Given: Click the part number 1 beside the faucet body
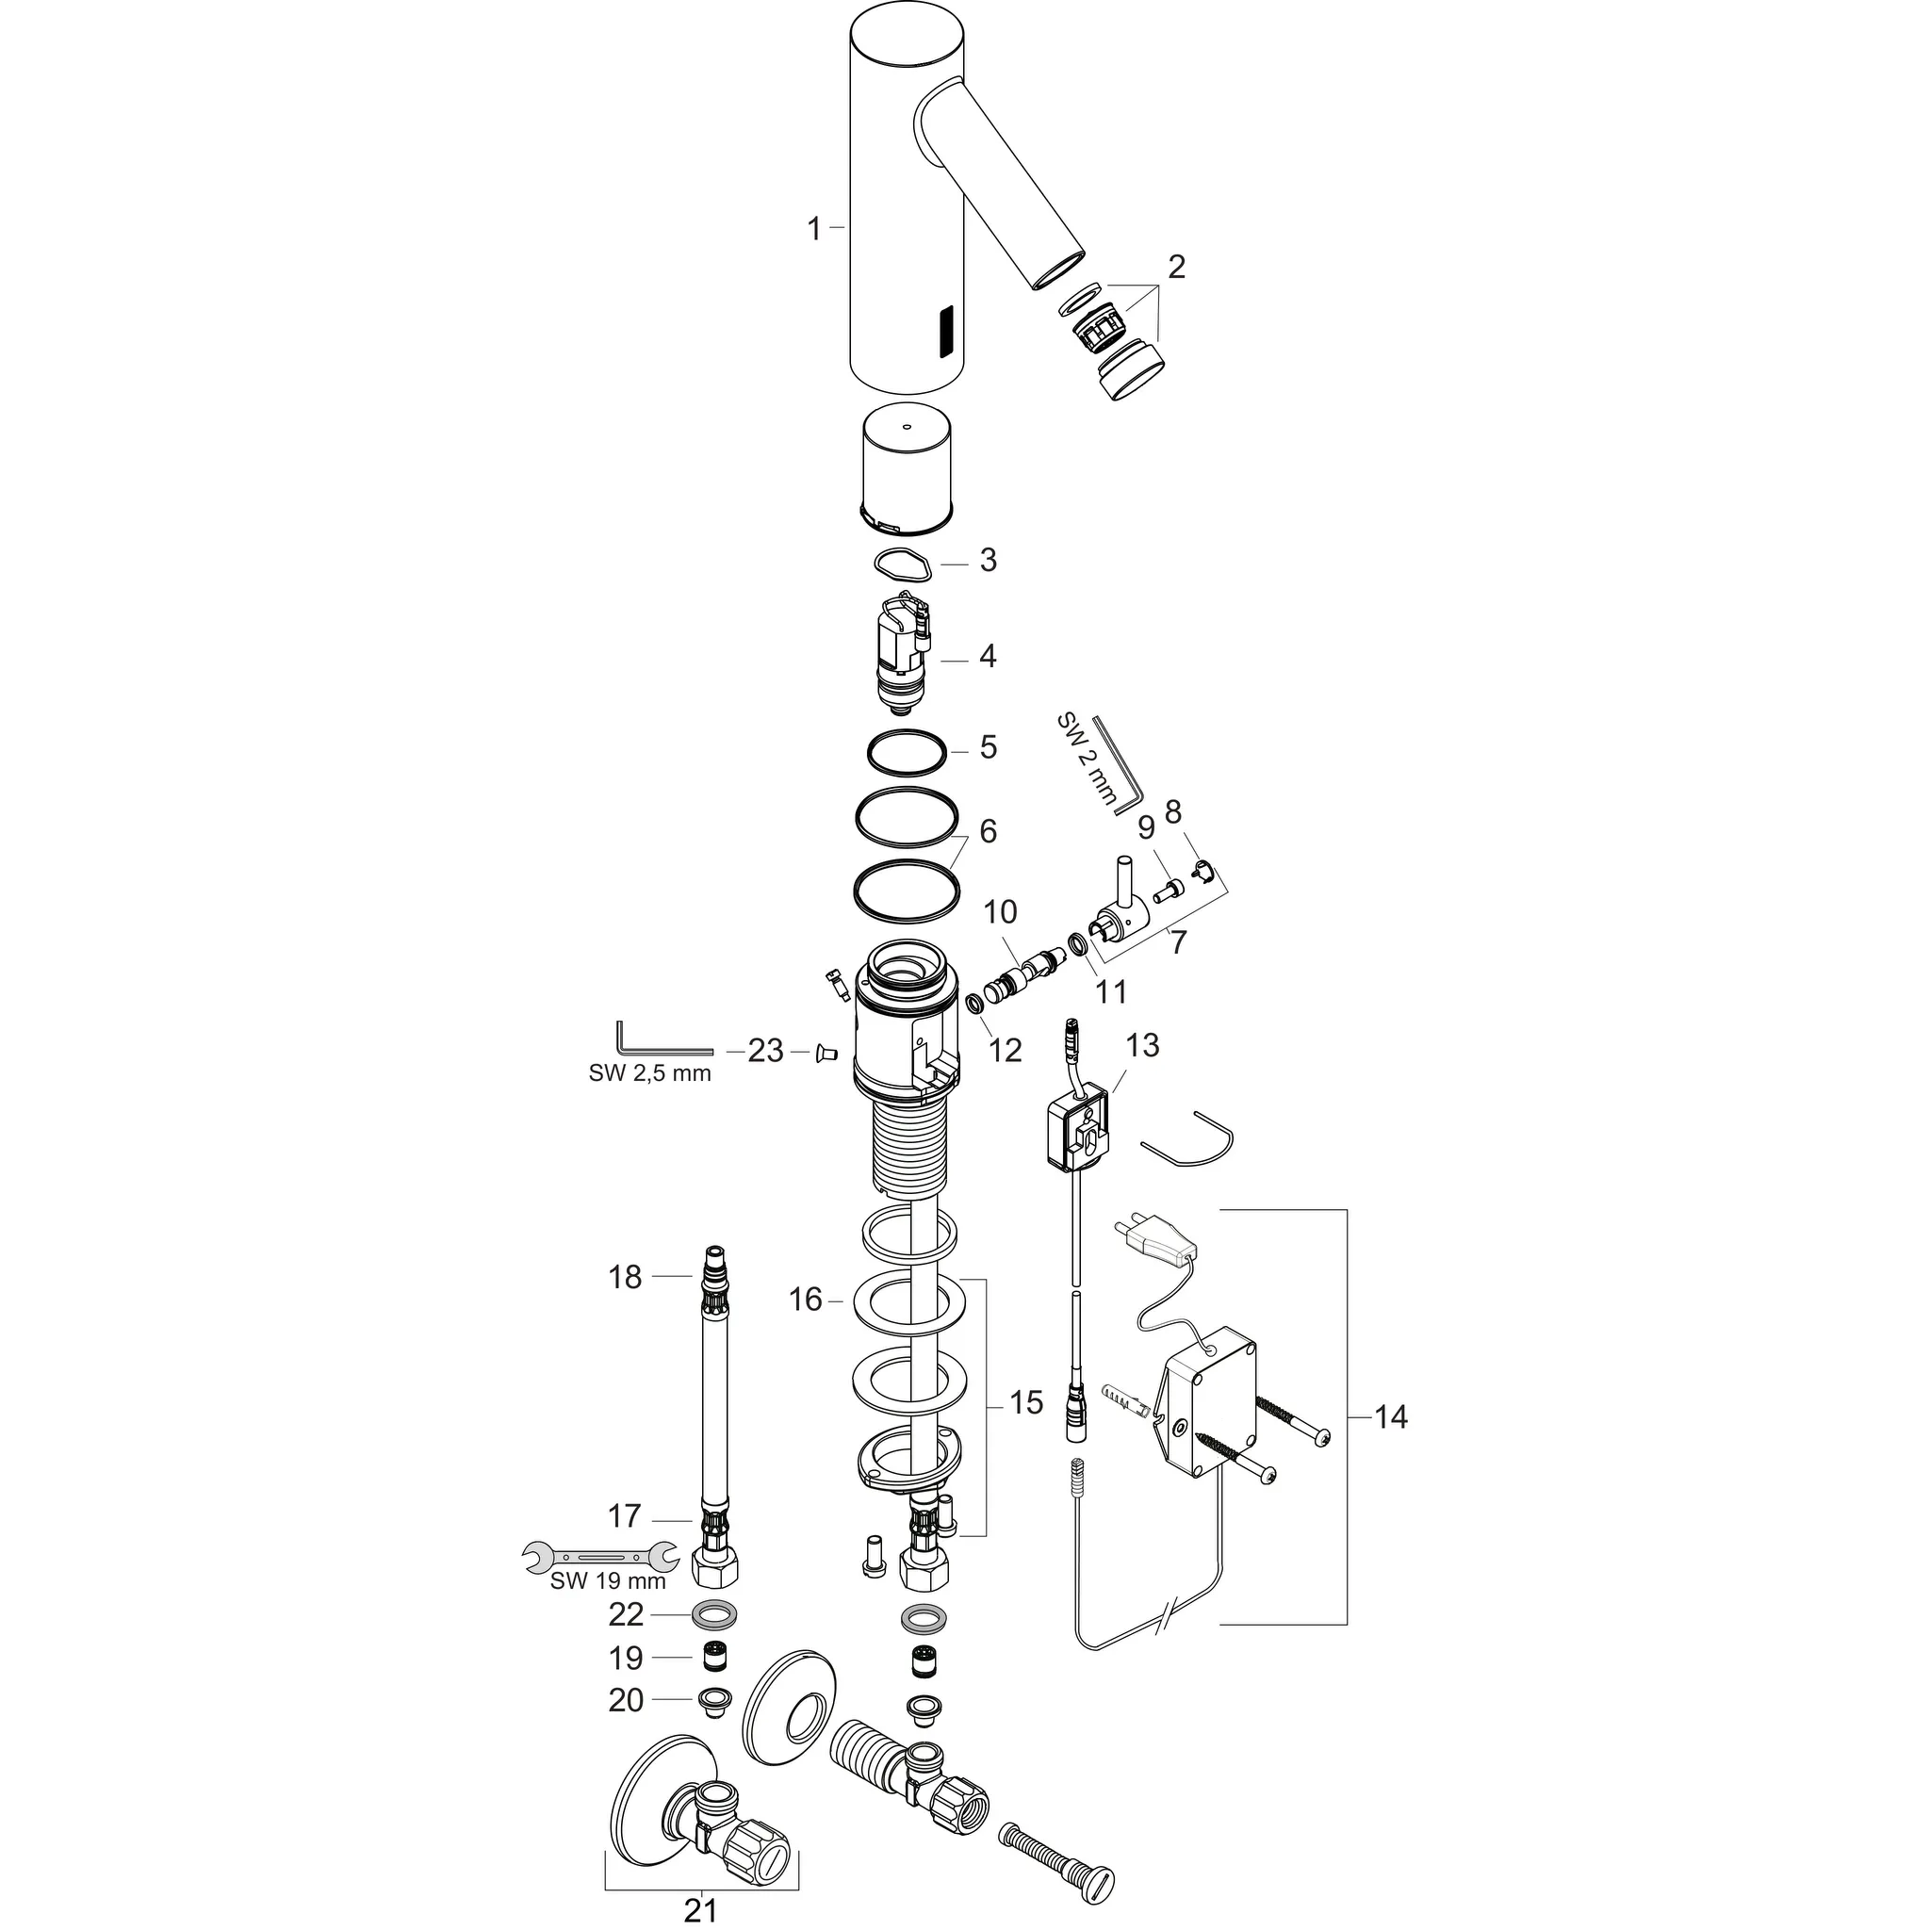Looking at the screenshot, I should tap(814, 230).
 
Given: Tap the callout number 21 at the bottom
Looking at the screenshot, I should tap(700, 1909).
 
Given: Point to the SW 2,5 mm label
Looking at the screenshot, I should tap(649, 1074).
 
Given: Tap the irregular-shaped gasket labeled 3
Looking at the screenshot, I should tap(903, 564).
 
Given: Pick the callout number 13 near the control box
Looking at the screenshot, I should tap(1142, 1045).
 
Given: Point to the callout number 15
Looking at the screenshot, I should tap(1026, 1401).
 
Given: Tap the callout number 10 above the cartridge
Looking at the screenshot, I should tap(1000, 912).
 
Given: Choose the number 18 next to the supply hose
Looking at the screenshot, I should tap(626, 1277).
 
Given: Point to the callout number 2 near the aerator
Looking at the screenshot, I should tap(1176, 267).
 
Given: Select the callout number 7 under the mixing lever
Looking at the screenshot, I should tap(1179, 942).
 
